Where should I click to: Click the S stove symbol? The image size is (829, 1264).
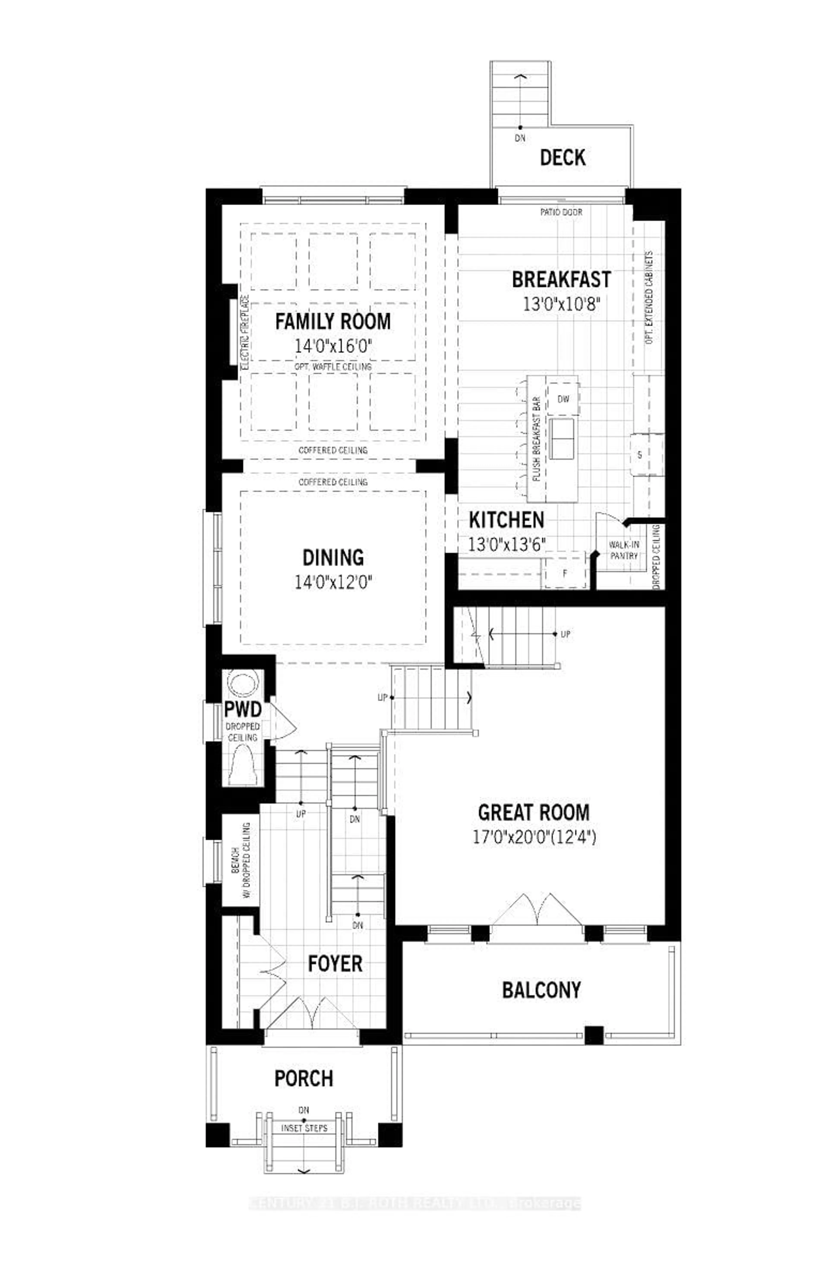point(639,455)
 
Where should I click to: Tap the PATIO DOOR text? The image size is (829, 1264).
point(561,212)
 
